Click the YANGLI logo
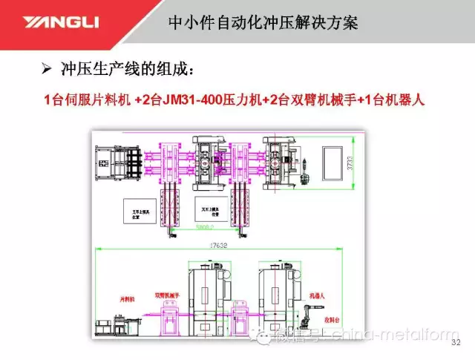coord(62,23)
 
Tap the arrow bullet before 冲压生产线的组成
coord(45,70)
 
